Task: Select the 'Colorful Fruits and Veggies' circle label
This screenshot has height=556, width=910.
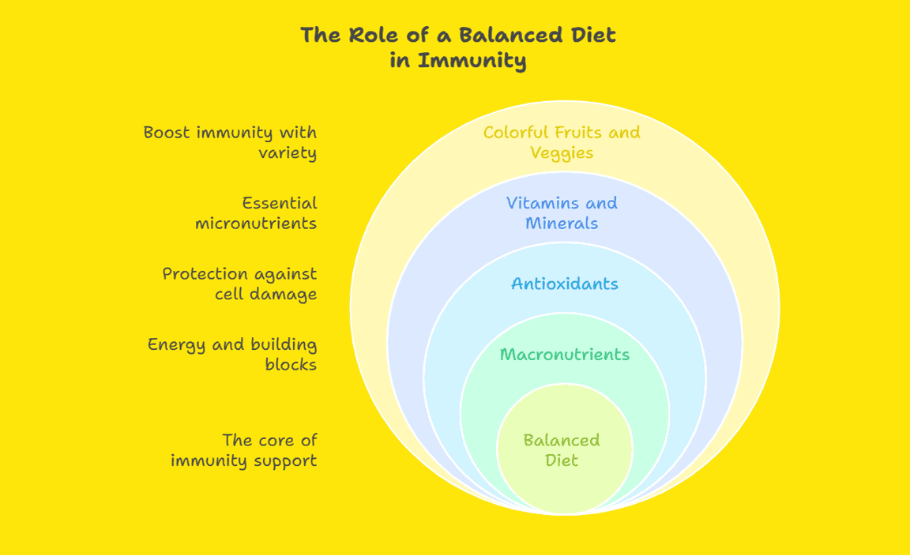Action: [x=562, y=142]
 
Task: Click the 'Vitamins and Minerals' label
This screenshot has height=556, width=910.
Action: [x=562, y=213]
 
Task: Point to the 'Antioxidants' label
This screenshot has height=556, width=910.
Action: [x=564, y=284]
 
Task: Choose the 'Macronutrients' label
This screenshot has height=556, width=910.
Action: [x=564, y=355]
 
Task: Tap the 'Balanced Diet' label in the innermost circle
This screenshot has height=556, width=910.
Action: [x=562, y=450]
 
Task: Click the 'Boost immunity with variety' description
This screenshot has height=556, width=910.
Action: [x=230, y=142]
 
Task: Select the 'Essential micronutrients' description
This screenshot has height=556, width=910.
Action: [x=256, y=213]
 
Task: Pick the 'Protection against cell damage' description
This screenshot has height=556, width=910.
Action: [x=239, y=284]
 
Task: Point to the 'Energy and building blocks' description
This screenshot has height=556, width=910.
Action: [x=232, y=355]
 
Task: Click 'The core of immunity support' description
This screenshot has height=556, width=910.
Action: [x=243, y=450]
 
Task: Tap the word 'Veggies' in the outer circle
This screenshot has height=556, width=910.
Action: [x=562, y=152]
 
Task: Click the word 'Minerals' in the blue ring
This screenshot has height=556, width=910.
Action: [x=562, y=224]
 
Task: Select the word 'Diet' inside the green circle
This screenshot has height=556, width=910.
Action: [x=562, y=460]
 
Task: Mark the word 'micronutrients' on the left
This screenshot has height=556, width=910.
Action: [x=256, y=224]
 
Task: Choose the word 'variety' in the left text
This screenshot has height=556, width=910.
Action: [x=288, y=152]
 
